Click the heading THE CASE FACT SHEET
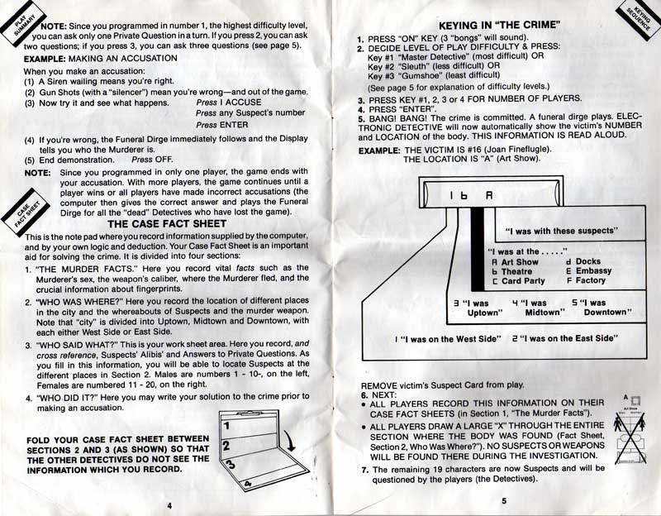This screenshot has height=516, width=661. click(x=167, y=223)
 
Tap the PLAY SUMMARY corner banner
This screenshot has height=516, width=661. click(x=22, y=22)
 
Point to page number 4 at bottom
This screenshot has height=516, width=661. click(x=169, y=504)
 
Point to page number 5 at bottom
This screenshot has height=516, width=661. click(x=502, y=500)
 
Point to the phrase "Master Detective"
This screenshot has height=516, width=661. click(x=421, y=56)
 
